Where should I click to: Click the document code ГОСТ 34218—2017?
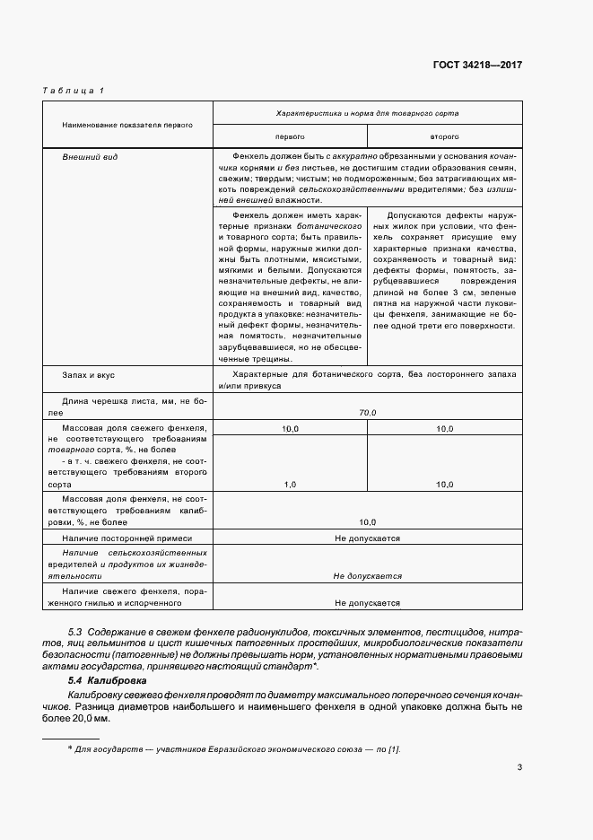click(475, 66)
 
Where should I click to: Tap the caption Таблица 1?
click(74, 92)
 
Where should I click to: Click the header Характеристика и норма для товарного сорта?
click(368, 115)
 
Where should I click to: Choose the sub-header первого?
click(289, 136)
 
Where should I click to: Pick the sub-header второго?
click(444, 136)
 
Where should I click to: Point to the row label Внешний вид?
click(84, 157)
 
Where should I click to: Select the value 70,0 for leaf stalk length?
click(368, 412)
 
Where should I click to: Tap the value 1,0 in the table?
click(290, 484)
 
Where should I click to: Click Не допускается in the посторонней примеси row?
click(368, 538)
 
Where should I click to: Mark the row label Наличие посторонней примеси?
click(121, 538)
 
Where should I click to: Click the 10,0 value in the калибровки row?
click(368, 521)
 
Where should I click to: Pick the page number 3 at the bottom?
click(519, 766)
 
